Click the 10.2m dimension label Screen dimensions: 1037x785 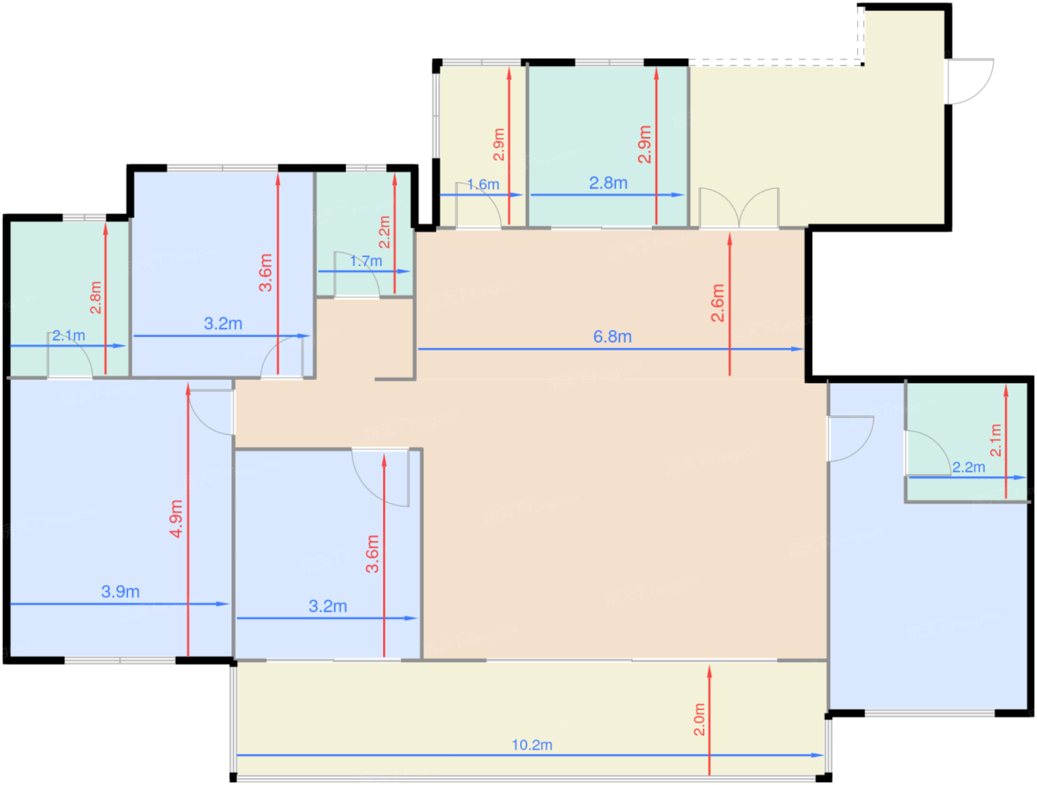(x=532, y=745)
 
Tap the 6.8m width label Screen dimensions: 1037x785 (x=612, y=337)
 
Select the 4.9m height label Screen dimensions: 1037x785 (x=176, y=518)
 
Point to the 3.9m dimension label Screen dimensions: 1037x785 (x=120, y=592)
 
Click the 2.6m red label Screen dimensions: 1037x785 (x=717, y=303)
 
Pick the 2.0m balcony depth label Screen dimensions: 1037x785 (x=698, y=719)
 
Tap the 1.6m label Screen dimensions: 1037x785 (x=483, y=184)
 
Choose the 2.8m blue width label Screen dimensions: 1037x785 (x=608, y=183)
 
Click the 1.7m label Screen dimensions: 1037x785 (x=366, y=261)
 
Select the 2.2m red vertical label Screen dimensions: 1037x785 (x=384, y=232)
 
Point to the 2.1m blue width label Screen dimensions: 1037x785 (x=68, y=335)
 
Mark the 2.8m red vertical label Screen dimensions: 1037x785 (x=96, y=298)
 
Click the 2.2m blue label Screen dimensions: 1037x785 (x=969, y=467)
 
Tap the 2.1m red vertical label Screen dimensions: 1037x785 (x=995, y=440)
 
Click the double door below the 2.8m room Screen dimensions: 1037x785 (x=738, y=208)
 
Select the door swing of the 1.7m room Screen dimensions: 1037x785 (x=357, y=275)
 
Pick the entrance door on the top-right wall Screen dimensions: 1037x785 (x=970, y=81)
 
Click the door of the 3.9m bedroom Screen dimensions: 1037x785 (x=211, y=412)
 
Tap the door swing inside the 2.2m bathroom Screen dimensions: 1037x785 (x=927, y=453)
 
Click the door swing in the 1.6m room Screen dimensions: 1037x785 (x=478, y=204)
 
